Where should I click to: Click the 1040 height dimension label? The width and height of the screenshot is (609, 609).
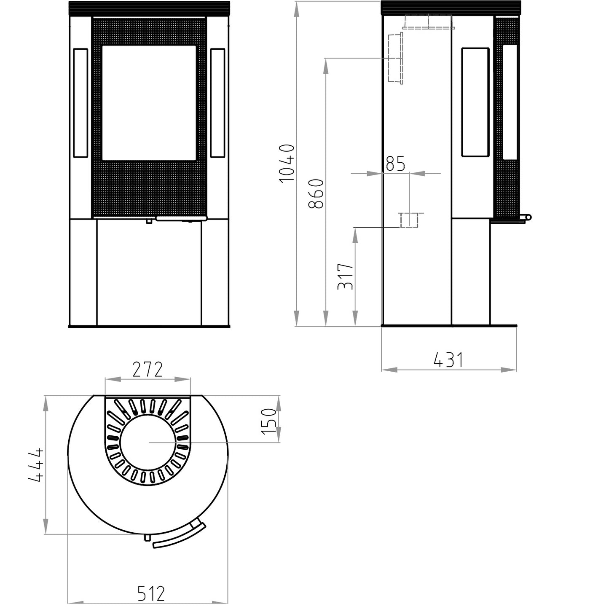point(287,163)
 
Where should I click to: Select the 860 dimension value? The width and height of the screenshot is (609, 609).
point(316,193)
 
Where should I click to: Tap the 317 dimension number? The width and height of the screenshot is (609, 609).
point(345,276)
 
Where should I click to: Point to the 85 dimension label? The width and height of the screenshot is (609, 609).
point(395,164)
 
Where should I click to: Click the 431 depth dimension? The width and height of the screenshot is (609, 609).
point(448,360)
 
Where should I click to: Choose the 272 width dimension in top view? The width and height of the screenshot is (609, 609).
point(148,370)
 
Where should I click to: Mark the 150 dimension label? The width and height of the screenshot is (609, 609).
point(269,421)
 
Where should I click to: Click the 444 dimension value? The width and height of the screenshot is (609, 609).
point(36,464)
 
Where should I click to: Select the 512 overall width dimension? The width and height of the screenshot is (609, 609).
point(151,594)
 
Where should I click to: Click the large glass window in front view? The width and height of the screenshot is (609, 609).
point(149,103)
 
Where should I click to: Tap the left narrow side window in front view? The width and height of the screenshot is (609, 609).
point(80,103)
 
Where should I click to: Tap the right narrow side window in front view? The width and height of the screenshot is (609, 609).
point(217,103)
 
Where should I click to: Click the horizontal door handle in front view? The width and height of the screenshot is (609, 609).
point(181,218)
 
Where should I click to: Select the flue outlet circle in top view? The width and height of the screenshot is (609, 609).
point(148,443)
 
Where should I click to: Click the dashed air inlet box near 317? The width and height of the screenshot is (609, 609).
point(409,220)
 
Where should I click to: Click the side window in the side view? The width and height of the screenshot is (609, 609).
point(475,102)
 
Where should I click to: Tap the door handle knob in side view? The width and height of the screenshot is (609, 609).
point(528,217)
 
